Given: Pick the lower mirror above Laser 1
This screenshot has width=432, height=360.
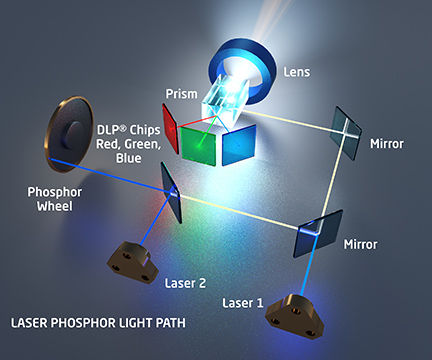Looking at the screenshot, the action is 319,231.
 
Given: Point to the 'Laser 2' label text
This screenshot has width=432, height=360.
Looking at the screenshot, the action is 185,283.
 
